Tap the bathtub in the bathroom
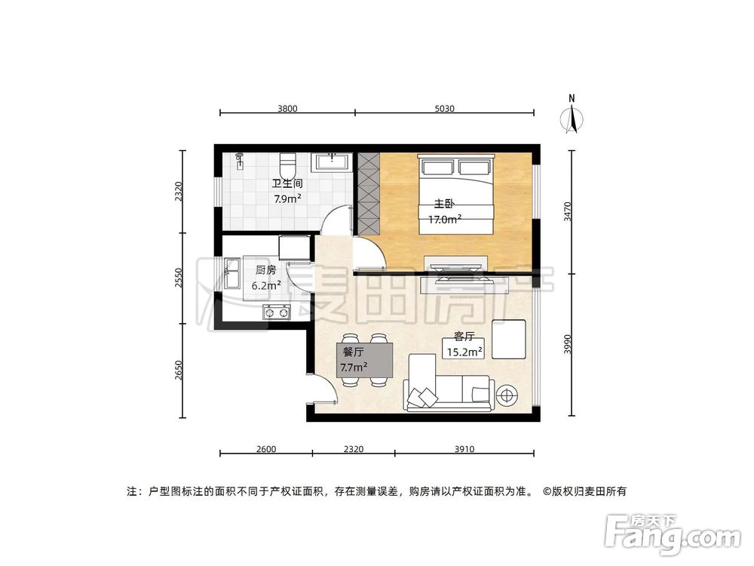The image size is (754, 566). click(x=331, y=161)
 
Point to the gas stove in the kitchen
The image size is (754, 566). click(x=276, y=311)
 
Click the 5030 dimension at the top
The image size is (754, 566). click(x=444, y=109)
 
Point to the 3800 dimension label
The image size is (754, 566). click(x=287, y=109)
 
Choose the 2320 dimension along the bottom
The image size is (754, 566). click(x=353, y=449)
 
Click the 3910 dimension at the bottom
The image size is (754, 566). click(x=464, y=449)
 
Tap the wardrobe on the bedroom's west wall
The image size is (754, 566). click(x=369, y=193)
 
